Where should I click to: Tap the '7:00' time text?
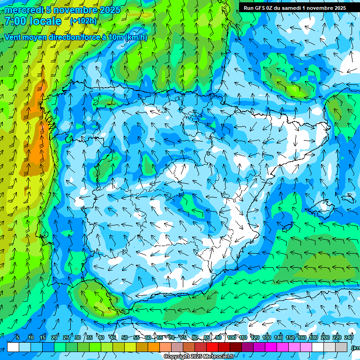[x=15, y=21]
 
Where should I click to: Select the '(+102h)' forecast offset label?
[x=83, y=21]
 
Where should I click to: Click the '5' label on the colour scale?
[x=17, y=337]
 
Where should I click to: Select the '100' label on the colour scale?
[x=232, y=337]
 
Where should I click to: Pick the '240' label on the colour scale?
[x=349, y=337]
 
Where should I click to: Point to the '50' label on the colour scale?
[x=124, y=337]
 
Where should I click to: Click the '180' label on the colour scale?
[x=314, y=337]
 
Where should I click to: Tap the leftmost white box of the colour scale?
[x=13, y=347]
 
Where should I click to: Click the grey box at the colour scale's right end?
[x=342, y=347]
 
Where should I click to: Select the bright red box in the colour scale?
[x=213, y=347]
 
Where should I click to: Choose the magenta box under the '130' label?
[x=271, y=347]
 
